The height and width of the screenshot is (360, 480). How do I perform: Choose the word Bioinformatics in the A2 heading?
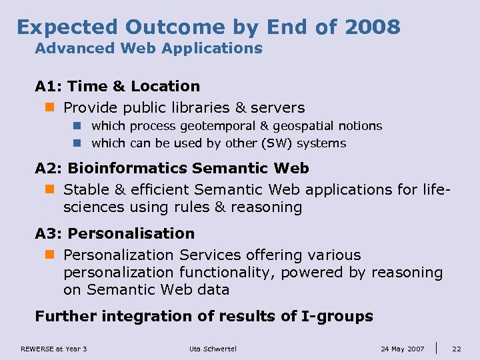[x=127, y=169]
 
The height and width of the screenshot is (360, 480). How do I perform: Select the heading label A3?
[x=49, y=234]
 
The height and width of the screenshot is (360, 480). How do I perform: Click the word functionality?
[x=227, y=273]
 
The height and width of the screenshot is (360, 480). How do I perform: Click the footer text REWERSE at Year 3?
[x=54, y=349]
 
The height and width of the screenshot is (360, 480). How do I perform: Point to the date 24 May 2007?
[x=402, y=349]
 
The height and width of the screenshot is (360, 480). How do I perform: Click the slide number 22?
[x=457, y=349]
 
